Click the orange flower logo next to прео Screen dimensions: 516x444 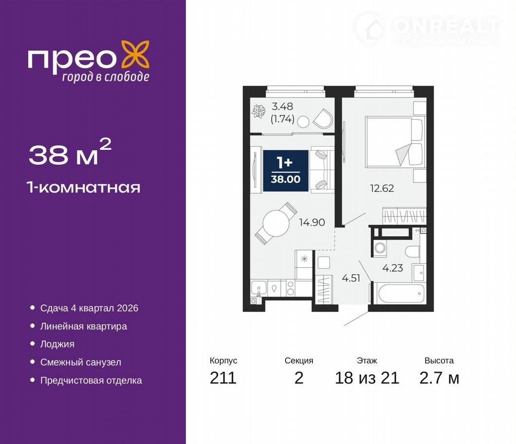pyautogui.click(x=135, y=55)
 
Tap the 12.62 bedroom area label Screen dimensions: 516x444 pyautogui.click(x=382, y=188)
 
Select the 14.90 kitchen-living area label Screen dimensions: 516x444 pyautogui.click(x=312, y=222)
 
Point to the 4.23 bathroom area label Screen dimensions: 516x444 pyautogui.click(x=393, y=268)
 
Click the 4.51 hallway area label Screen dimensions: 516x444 pyautogui.click(x=351, y=278)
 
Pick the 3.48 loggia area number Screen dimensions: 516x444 pyautogui.click(x=282, y=106)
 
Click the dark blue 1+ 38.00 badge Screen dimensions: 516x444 pyautogui.click(x=286, y=171)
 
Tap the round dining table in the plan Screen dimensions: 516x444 pyautogui.click(x=276, y=223)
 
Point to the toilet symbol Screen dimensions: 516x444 pyautogui.click(x=412, y=252)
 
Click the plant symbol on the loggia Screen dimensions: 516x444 pyautogui.click(x=259, y=111)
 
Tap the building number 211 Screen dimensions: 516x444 pyautogui.click(x=223, y=378)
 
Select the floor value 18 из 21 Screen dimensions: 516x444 pyautogui.click(x=367, y=378)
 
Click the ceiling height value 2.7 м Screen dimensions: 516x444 pyautogui.click(x=440, y=378)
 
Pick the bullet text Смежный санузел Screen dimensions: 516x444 pyautogui.click(x=80, y=362)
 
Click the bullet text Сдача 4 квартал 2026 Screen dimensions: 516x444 pyautogui.click(x=89, y=308)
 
